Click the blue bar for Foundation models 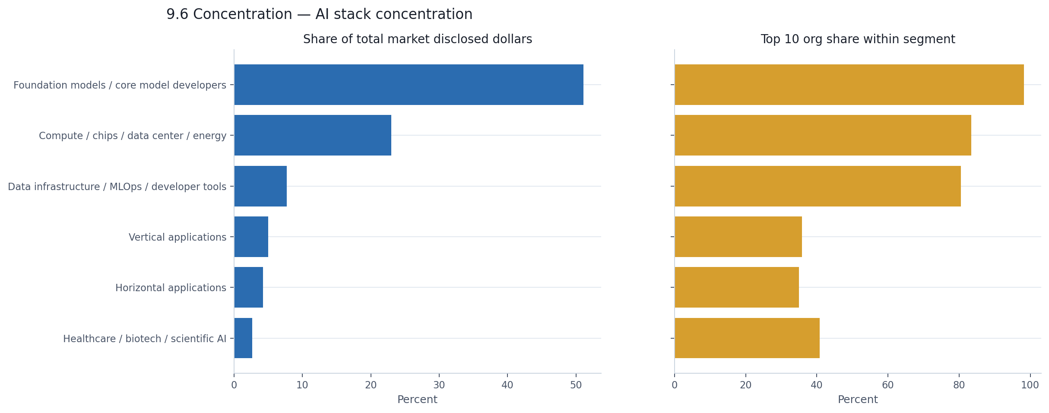point(409,85)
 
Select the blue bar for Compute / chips point(313,135)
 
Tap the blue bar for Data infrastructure point(260,186)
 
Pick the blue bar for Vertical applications point(251,237)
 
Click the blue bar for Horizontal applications point(249,287)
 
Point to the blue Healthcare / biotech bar point(243,338)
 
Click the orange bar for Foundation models point(849,85)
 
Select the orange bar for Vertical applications point(738,237)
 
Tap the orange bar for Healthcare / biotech point(747,338)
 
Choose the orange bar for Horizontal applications point(737,287)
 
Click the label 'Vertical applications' point(177,237)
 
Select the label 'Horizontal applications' point(171,288)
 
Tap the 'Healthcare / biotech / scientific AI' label point(145,339)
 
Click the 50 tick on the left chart point(576,385)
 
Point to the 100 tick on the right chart point(1030,385)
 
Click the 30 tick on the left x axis point(439,385)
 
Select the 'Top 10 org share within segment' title point(858,39)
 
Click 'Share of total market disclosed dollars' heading point(417,39)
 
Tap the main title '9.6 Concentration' point(319,14)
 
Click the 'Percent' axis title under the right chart point(858,400)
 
